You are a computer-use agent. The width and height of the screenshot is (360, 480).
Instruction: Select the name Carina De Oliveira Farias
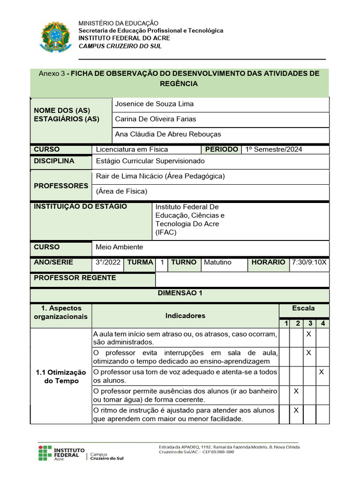[156, 119]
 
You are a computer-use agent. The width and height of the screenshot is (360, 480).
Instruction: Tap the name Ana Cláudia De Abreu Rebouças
[168, 135]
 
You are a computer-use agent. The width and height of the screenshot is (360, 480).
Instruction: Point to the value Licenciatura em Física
[132, 150]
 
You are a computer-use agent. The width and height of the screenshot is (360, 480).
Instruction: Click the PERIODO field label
[221, 150]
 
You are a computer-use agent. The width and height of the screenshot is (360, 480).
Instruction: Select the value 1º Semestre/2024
[274, 150]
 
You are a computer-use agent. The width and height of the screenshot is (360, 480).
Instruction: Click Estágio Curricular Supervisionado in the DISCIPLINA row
[150, 161]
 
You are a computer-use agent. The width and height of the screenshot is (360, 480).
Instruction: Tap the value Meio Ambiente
[120, 247]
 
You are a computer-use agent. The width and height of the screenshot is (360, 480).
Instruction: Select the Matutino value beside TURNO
[217, 262]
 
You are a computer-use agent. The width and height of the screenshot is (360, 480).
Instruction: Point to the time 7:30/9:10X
[309, 262]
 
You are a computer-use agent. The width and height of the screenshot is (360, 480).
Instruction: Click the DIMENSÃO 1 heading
[180, 293]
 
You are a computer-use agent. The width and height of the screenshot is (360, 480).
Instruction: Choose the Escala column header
[303, 308]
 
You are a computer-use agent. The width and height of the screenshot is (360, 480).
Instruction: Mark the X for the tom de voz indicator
[322, 372]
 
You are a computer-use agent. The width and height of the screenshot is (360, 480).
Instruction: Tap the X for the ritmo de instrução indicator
[296, 410]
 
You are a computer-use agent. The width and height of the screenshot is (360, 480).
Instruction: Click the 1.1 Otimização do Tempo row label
[61, 376]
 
